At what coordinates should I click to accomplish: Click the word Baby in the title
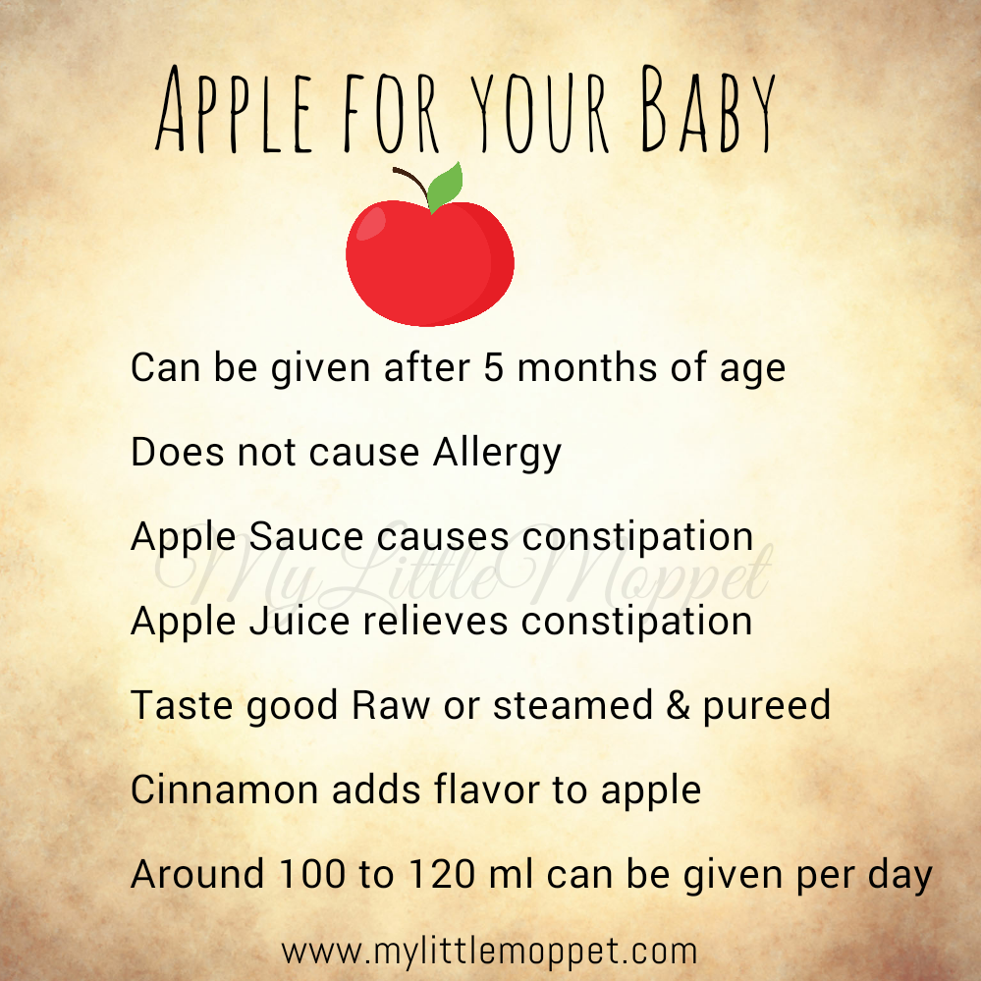(709, 109)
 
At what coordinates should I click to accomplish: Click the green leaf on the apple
(445, 187)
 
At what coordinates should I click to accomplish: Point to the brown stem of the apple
(410, 183)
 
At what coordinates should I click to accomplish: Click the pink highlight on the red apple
(370, 223)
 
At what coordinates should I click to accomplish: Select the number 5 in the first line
(494, 367)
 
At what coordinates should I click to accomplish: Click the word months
(587, 367)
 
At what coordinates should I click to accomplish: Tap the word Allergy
(498, 454)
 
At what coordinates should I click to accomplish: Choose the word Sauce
(306, 537)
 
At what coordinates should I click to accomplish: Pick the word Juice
(300, 622)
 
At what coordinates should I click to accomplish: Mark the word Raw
(391, 706)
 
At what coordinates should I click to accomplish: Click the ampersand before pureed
(678, 706)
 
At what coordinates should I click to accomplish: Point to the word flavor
(487, 789)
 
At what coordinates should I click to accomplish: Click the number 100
(311, 874)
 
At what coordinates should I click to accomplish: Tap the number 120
(442, 874)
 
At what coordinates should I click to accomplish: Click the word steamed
(573, 705)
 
